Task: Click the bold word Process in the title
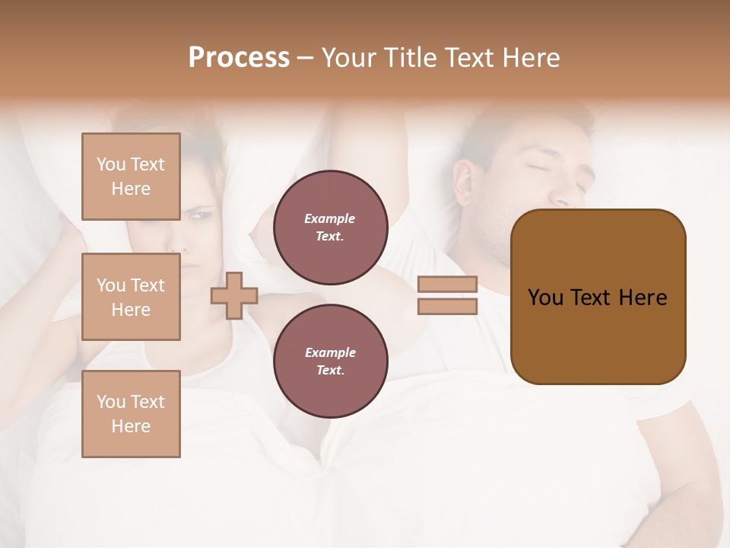(239, 58)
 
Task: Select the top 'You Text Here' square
(131, 177)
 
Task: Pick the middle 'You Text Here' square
(131, 297)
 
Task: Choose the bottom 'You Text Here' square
(131, 413)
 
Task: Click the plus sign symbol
(234, 295)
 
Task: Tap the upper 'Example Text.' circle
(330, 228)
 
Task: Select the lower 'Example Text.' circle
(330, 362)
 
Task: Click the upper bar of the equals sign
(447, 285)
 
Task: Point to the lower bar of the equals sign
(447, 306)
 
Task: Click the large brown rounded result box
(598, 297)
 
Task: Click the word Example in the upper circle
(330, 219)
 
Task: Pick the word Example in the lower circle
(330, 353)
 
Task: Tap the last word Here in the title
(532, 58)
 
